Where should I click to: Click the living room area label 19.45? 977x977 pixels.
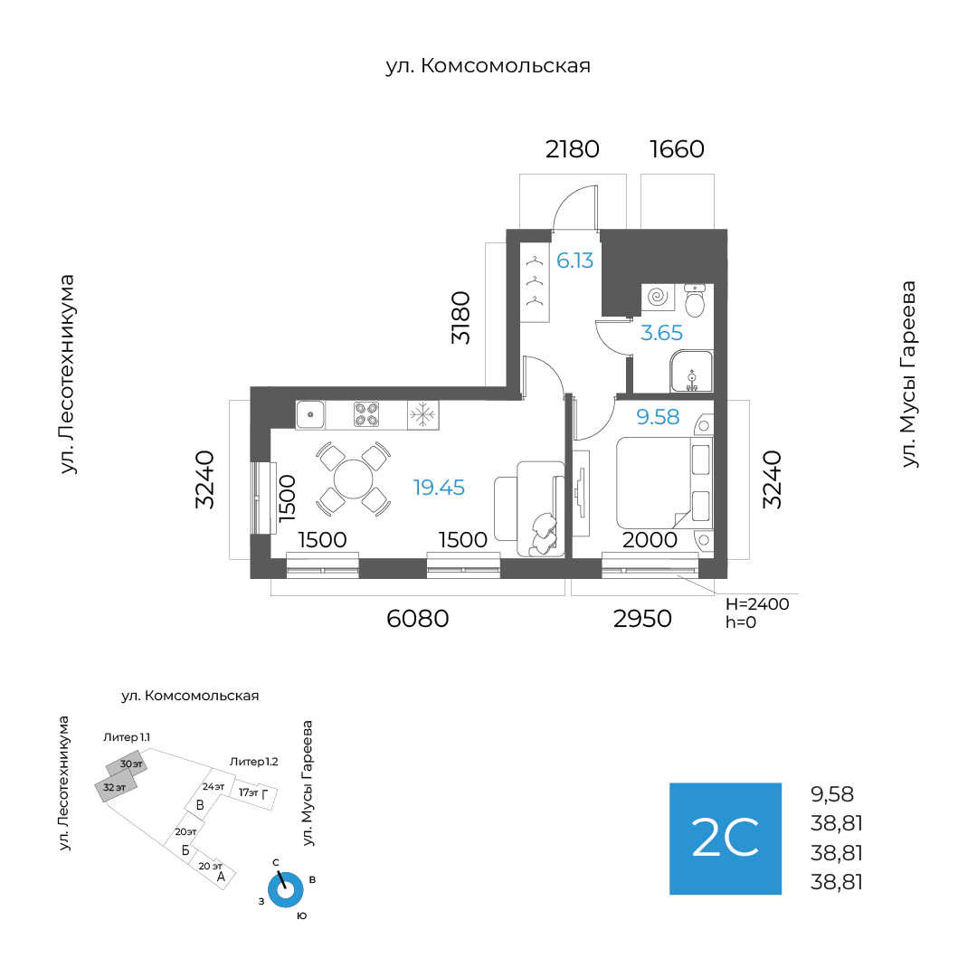pos(439,488)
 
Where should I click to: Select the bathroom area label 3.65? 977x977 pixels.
pos(661,333)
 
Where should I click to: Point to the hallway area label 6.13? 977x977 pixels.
pos(574,261)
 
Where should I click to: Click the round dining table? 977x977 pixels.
pos(353,479)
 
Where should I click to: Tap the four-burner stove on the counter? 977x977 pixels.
pos(366,414)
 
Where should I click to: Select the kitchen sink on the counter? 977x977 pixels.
pos(310,414)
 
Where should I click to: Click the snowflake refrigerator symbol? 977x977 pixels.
pos(422,414)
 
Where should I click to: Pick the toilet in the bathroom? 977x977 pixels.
pos(695,302)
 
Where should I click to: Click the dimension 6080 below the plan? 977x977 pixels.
pos(417,619)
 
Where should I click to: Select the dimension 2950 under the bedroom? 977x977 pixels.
pos(642,619)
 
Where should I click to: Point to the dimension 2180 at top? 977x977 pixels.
pos(572,149)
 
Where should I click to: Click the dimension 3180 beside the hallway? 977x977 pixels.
pos(462,318)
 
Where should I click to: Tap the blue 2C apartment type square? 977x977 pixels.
pos(725,839)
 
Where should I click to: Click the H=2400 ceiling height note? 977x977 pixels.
pos(757,603)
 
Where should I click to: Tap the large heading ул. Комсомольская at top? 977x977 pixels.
pos(488,66)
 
